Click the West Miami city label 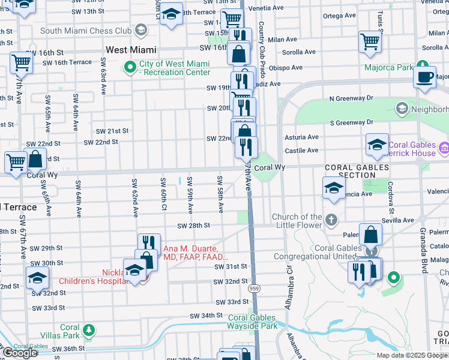pos(131,50)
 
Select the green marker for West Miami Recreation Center pos(129,67)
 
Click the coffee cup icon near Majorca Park pos(425,77)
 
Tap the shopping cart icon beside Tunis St pos(370,42)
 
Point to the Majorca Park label pos(388,67)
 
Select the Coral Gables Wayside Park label pos(252,322)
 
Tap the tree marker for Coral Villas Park pos(89,329)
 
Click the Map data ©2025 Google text pos(412,355)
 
